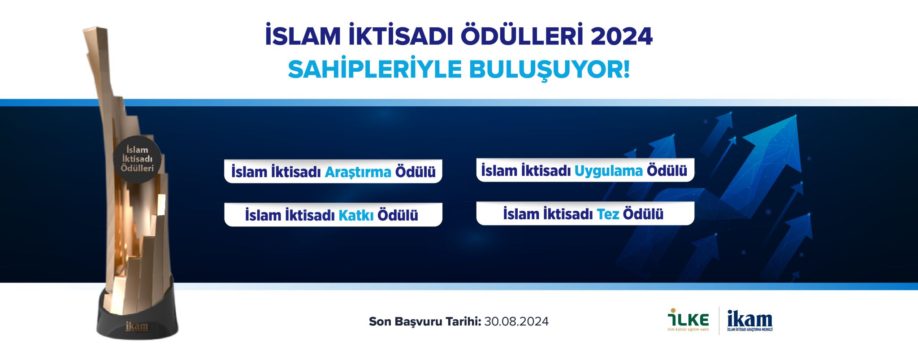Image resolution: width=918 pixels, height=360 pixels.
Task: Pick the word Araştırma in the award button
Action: [358, 172]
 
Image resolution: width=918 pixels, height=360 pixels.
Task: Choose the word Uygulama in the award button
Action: [609, 171]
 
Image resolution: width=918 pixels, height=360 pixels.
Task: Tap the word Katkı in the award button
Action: [356, 215]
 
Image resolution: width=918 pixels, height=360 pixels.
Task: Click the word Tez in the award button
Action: [608, 214]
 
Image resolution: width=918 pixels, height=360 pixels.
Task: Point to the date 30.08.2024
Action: [516, 321]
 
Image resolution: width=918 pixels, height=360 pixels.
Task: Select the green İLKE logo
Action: [688, 320]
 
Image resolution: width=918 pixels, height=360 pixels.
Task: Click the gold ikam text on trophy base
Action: [137, 326]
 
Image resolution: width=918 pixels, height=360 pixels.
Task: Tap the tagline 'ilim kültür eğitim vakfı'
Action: [688, 330]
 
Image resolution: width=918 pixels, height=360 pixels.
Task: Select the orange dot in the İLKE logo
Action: [673, 310]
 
